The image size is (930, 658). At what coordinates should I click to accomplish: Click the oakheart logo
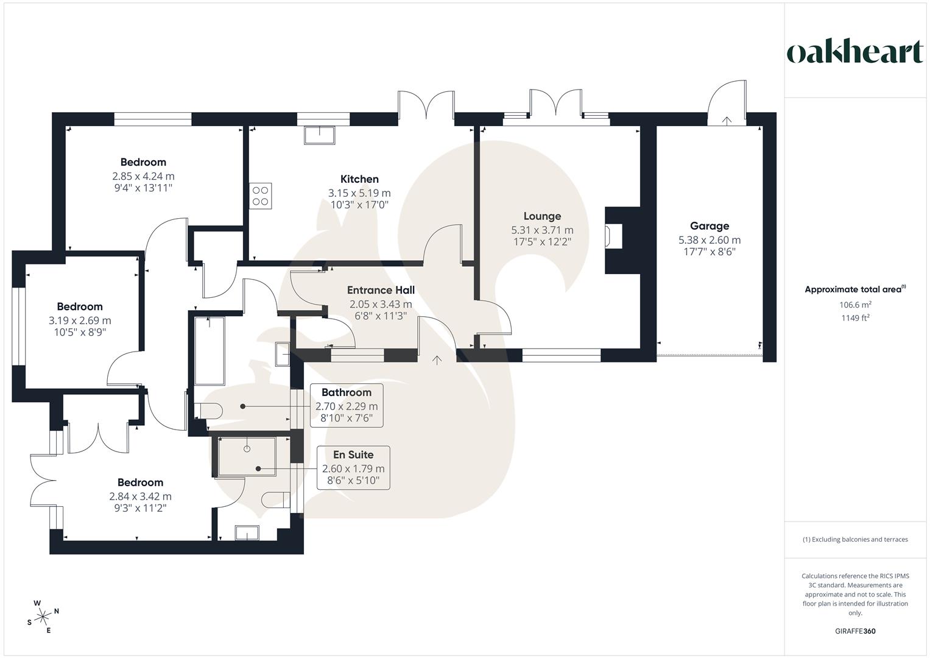854,52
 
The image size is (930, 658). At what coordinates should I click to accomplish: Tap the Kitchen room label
359,179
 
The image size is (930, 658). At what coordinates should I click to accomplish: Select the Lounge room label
542,216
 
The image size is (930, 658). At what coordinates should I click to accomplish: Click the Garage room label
710,226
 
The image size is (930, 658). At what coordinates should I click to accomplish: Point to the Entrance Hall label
381,291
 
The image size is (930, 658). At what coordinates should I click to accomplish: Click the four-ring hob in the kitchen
261,196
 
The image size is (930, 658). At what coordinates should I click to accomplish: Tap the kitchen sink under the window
319,135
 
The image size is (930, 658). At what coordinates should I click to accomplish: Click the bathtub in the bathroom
209,350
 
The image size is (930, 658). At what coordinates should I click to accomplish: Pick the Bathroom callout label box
347,405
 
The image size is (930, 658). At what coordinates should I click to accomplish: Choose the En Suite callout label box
353,467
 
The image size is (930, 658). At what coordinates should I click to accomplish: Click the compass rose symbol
43,617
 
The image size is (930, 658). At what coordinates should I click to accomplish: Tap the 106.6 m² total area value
855,305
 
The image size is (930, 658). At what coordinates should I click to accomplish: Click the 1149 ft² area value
855,318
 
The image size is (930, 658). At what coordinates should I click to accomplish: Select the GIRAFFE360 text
855,631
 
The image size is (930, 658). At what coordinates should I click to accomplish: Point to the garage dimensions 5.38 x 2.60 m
710,240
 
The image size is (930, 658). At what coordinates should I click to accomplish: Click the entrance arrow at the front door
437,360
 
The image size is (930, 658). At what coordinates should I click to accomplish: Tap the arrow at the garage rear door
726,121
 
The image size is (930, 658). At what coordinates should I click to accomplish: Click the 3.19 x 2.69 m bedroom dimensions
80,320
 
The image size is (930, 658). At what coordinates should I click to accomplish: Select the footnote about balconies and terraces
855,539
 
